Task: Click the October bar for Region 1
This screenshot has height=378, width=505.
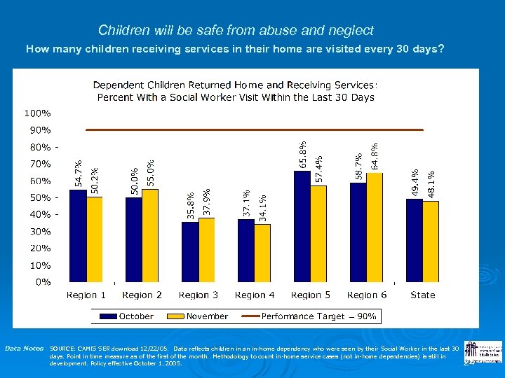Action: click(78, 236)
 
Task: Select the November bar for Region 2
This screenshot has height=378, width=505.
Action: click(150, 235)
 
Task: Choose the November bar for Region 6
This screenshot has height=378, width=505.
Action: click(375, 227)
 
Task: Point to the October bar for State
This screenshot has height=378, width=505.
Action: click(415, 240)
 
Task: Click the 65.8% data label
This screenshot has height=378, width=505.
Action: click(303, 154)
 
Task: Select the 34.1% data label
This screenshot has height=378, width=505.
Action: click(262, 208)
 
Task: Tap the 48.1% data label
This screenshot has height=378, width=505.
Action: click(431, 184)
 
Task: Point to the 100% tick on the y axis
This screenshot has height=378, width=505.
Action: click(37, 113)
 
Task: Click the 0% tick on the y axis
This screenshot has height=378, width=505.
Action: click(43, 282)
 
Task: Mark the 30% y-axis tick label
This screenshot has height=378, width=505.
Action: click(39, 231)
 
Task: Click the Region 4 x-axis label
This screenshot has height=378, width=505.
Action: click(255, 295)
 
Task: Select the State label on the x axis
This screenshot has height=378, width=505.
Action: click(423, 295)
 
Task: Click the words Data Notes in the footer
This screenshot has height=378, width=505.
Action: click(24, 348)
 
